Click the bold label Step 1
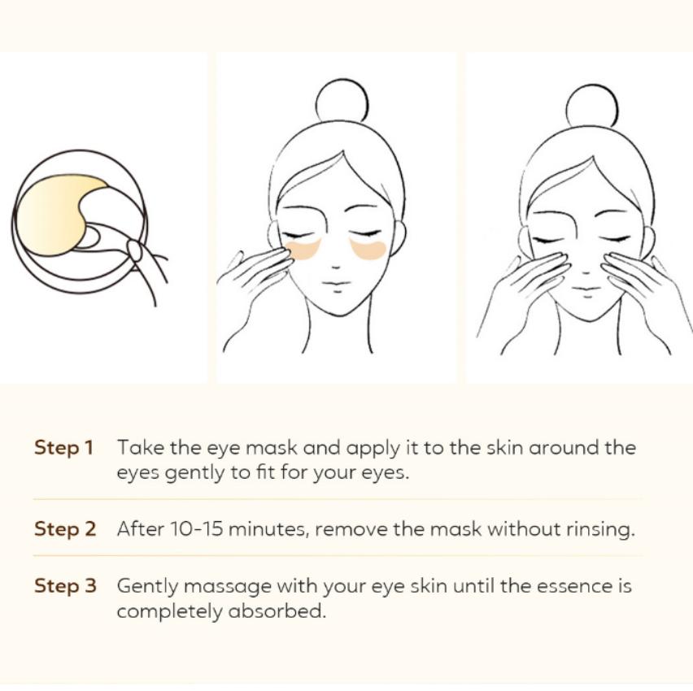(x=63, y=448)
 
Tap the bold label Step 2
(x=64, y=529)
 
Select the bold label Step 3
(x=64, y=586)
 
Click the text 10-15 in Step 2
(x=196, y=529)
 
